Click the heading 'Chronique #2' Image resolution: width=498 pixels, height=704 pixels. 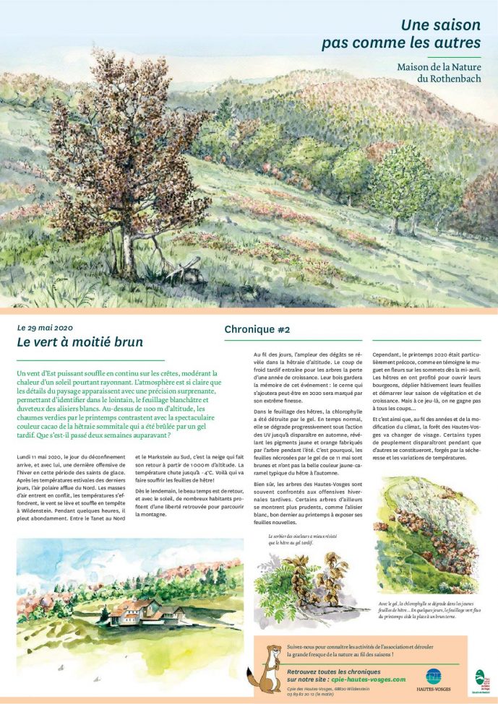pyautogui.click(x=257, y=329)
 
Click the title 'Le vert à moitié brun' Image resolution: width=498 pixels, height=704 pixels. pyautogui.click(x=80, y=342)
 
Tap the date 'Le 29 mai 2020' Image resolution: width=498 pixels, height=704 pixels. pyautogui.click(x=46, y=327)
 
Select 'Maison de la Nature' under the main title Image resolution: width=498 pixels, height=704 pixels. pyautogui.click(x=439, y=66)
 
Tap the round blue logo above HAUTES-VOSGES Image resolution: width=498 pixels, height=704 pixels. pyautogui.click(x=433, y=676)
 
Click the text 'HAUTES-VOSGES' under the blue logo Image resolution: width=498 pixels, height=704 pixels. pyautogui.click(x=434, y=689)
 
